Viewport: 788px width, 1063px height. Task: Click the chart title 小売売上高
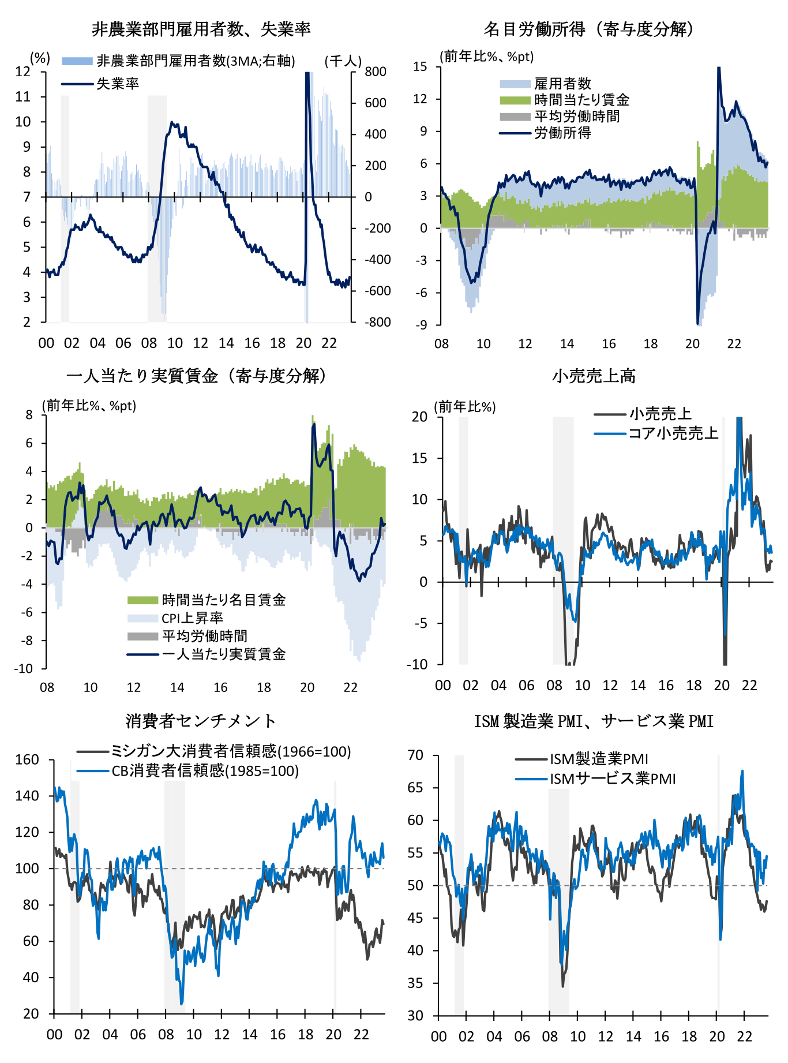pos(594,376)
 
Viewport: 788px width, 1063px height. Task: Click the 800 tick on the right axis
pos(376,72)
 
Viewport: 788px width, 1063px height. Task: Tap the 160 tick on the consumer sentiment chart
pos(27,759)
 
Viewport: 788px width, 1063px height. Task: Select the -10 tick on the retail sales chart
pos(417,664)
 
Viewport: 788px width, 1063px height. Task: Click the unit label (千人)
pos(343,61)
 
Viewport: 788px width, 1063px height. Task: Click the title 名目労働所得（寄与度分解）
pos(589,29)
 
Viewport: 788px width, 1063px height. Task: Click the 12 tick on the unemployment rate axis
pos(23,72)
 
